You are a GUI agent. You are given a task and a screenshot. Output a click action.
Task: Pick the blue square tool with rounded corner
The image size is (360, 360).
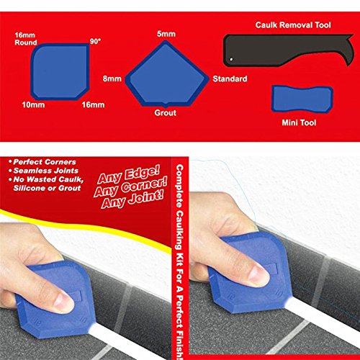click(60, 72)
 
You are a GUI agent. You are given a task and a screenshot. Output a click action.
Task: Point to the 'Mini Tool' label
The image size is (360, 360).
click(302, 122)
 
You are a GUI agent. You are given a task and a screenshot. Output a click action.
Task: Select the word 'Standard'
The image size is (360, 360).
click(230, 78)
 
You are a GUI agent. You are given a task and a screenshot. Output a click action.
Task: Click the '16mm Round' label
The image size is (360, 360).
click(27, 37)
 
